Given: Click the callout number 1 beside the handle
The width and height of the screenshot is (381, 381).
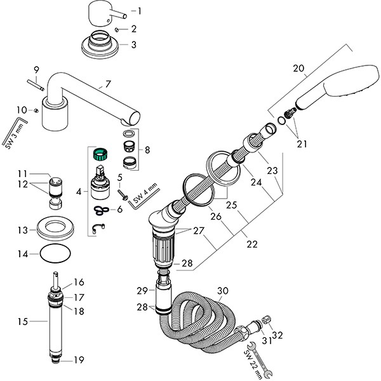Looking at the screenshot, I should click(140, 11).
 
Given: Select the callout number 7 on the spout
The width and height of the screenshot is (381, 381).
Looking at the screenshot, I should click(108, 84).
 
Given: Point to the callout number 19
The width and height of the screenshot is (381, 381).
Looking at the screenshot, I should click(79, 360).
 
